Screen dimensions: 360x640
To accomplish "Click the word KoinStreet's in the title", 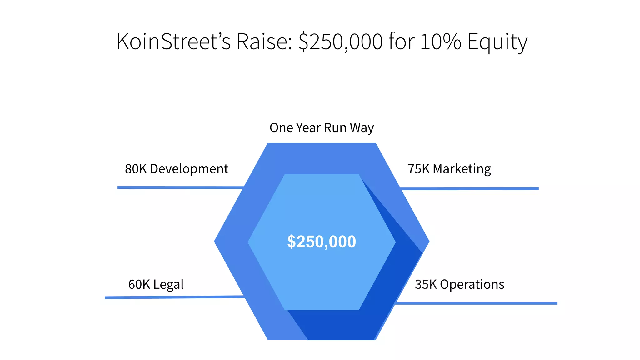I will (x=173, y=42).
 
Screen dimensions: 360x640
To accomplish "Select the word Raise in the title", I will (x=264, y=42).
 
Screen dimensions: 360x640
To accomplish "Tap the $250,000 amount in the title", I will (x=340, y=42).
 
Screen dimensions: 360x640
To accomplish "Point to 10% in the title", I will (x=441, y=42).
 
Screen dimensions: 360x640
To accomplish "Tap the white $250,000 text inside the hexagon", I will (x=322, y=242).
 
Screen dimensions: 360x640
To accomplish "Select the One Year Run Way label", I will (x=322, y=128).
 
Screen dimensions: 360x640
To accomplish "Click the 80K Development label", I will (x=177, y=169).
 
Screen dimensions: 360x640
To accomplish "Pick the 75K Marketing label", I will (x=449, y=169).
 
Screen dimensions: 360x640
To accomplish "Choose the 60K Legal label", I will (x=156, y=284).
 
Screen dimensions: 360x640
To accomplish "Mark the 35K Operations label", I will (x=459, y=284).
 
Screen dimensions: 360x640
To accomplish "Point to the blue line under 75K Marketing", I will (x=469, y=189).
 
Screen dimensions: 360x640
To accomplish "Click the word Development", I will (x=189, y=169).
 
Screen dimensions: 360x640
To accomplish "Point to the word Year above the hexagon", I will (x=308, y=128).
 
